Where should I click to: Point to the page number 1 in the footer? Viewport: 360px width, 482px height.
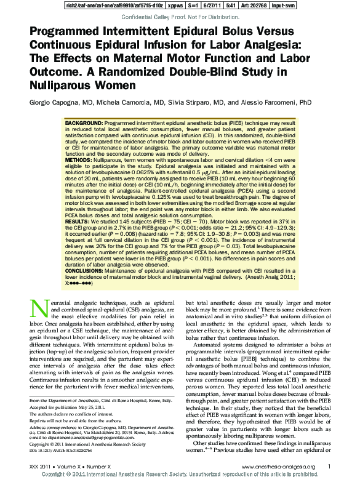[x=330, y=467]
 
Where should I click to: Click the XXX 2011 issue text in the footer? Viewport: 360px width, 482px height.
[x=41, y=467]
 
